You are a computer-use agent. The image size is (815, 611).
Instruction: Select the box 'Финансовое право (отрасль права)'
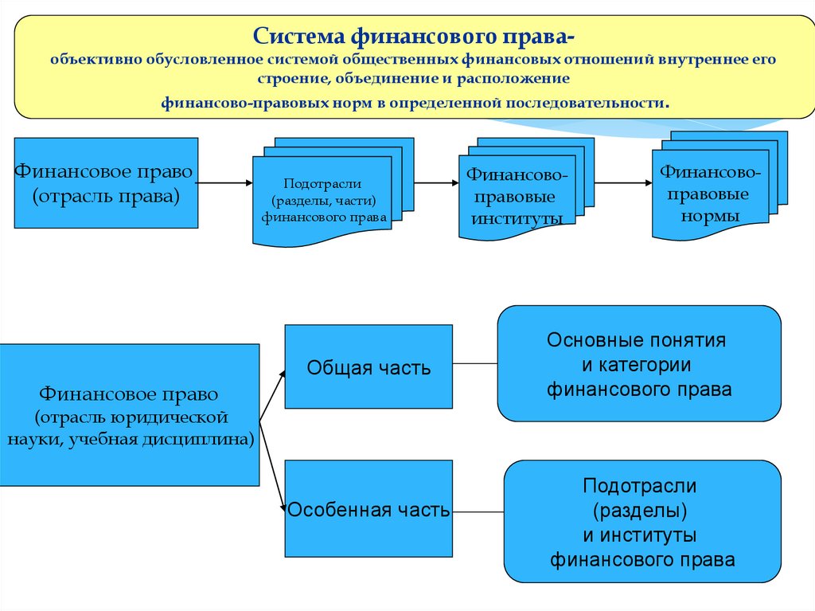(x=106, y=183)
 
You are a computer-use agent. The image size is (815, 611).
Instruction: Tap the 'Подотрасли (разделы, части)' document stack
(x=322, y=199)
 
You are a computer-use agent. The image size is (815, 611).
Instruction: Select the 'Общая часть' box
(x=369, y=367)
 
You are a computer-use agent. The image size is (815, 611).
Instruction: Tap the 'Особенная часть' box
(x=369, y=510)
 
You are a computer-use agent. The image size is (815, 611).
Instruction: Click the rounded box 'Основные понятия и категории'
(x=639, y=364)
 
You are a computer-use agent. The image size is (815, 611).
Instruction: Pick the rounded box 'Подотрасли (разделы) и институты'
(x=642, y=522)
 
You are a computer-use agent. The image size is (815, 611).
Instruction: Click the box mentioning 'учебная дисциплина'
(x=129, y=415)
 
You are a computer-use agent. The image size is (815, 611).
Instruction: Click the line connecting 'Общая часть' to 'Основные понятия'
(x=475, y=363)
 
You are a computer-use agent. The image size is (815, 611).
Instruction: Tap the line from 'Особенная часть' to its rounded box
(x=478, y=511)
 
